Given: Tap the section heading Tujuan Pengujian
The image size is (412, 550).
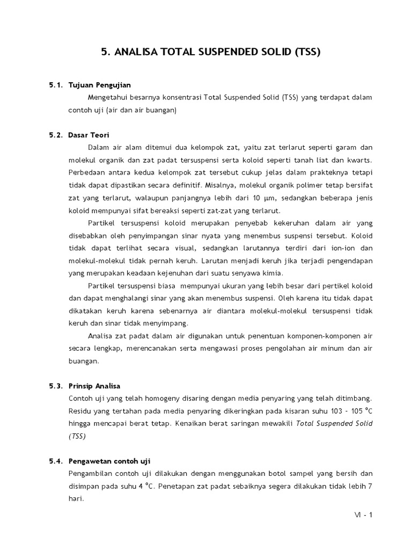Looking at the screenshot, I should coord(100,85).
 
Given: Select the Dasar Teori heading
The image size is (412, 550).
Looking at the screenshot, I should coord(89,135).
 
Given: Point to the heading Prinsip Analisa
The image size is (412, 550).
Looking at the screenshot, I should coord(94,386).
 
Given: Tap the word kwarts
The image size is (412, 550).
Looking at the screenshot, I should coord(358,160).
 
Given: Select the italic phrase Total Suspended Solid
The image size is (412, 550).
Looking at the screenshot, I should coord(334,423).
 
